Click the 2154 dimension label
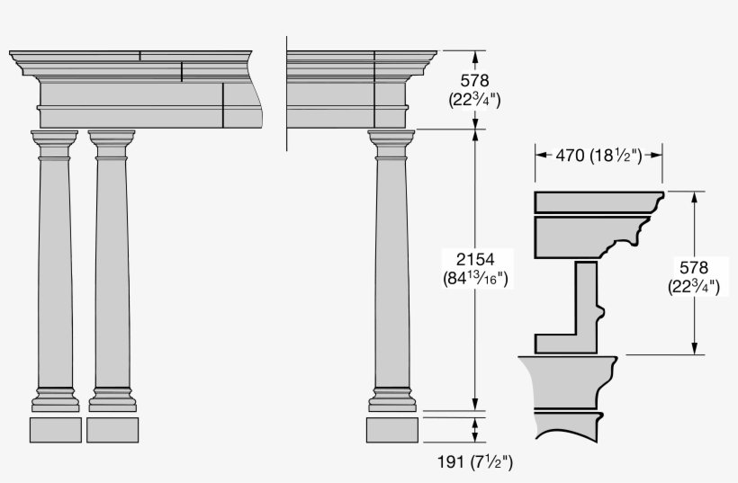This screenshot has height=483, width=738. [x=474, y=259]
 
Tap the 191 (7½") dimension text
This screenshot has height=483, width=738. [x=475, y=462]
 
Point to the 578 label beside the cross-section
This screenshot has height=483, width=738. [x=693, y=267]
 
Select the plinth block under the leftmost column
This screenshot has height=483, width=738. [x=55, y=430]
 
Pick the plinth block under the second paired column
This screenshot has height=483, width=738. [x=112, y=430]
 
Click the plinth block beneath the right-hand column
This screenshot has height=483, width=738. [x=391, y=430]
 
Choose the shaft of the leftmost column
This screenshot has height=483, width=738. [x=55, y=270]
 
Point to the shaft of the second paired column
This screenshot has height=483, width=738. [x=112, y=270]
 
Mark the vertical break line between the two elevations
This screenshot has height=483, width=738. [x=286, y=90]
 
